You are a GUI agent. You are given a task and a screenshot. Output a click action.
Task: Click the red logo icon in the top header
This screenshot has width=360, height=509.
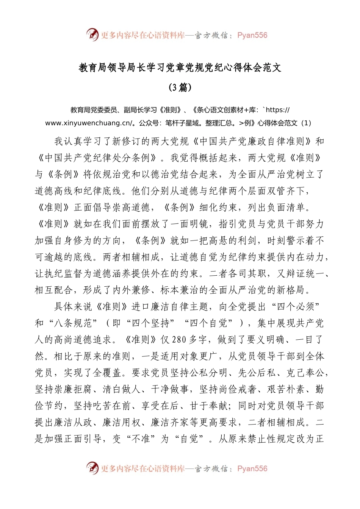tap(92, 34)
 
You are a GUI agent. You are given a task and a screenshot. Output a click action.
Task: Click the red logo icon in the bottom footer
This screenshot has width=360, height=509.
tap(92, 468)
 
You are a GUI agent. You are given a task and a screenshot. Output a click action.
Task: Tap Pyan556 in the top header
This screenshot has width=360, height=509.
tap(252, 35)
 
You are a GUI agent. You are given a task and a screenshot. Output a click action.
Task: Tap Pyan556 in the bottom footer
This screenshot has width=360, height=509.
tap(252, 468)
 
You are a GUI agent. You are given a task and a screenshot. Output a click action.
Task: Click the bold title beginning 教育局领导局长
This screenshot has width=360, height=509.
tap(180, 68)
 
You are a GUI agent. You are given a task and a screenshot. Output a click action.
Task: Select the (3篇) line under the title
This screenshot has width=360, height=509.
tap(180, 87)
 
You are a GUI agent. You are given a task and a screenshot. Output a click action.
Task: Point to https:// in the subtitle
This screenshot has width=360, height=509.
tap(278, 110)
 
